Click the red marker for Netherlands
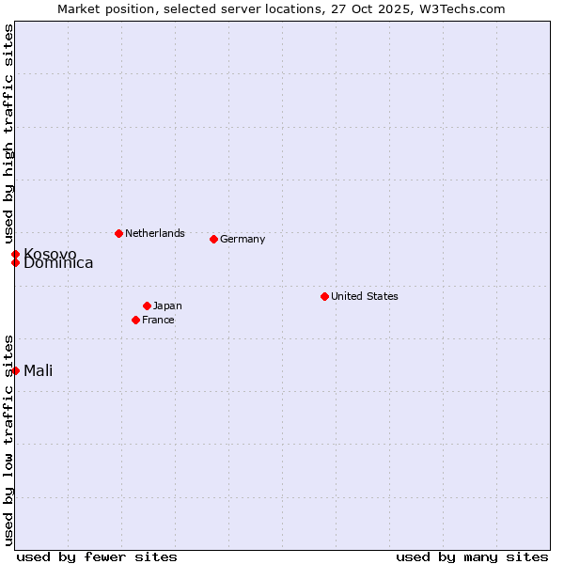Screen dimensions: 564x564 (118, 233)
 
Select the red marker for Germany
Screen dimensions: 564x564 (213, 239)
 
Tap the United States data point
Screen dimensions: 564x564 (324, 296)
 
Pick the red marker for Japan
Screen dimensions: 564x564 (147, 305)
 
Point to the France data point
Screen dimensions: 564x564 (135, 320)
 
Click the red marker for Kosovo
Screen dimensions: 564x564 (15, 254)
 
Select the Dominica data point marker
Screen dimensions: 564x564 (15, 262)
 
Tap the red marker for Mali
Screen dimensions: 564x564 (15, 370)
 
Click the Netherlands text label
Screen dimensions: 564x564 (155, 233)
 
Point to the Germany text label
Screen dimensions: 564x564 (243, 239)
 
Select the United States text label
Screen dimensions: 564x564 (365, 296)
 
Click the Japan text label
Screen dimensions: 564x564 (167, 305)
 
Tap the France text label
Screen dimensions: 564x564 (158, 320)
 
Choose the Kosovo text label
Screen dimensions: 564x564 (50, 254)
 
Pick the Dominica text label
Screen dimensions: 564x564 (58, 264)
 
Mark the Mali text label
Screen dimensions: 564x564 (39, 370)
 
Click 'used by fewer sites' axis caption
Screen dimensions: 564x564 (97, 556)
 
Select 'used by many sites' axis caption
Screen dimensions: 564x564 (472, 556)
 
